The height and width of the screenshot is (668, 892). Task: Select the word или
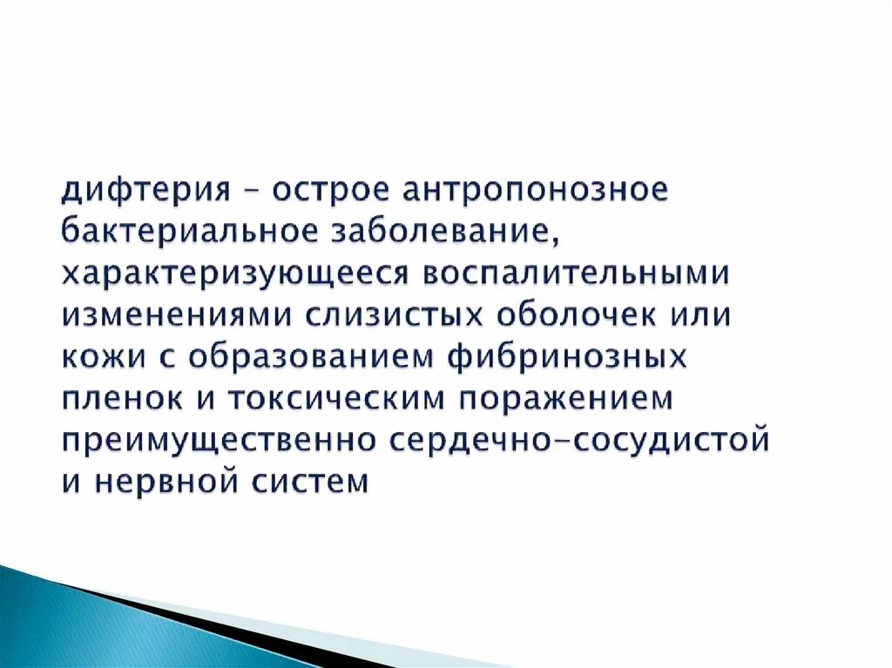click(x=705, y=315)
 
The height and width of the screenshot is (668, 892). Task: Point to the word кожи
click(x=97, y=357)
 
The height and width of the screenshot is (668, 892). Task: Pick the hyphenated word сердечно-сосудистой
click(x=579, y=440)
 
